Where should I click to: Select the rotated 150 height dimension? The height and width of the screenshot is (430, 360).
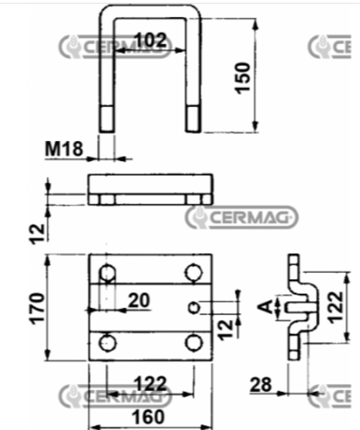[243, 78]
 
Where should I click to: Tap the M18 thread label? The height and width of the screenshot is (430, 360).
[64, 149]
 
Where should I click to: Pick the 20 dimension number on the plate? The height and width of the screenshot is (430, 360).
[139, 301]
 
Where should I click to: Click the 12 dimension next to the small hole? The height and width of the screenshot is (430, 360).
[228, 325]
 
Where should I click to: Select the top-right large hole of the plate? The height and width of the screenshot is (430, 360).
[193, 273]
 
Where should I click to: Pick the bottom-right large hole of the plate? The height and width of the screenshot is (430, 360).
[193, 342]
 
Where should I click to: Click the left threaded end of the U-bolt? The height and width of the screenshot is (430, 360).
[107, 118]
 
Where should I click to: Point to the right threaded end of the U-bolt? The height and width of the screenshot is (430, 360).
[194, 118]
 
